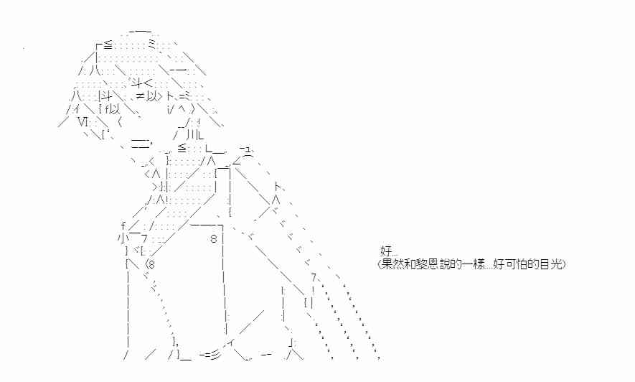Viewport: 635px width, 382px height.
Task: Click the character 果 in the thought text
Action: point(387,264)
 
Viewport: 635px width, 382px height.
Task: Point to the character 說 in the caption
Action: point(440,264)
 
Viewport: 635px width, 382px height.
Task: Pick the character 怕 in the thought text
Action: point(521,264)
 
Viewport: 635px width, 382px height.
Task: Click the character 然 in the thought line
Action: point(398,264)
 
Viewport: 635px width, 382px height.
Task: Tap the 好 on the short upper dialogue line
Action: point(385,251)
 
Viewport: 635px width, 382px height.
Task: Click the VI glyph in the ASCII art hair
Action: point(83,121)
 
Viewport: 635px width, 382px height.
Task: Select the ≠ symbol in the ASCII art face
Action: point(140,96)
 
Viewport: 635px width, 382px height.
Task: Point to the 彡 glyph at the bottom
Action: point(215,355)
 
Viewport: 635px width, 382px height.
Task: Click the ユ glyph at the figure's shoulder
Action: point(247,150)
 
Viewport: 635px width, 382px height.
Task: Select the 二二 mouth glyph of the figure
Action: point(139,143)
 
